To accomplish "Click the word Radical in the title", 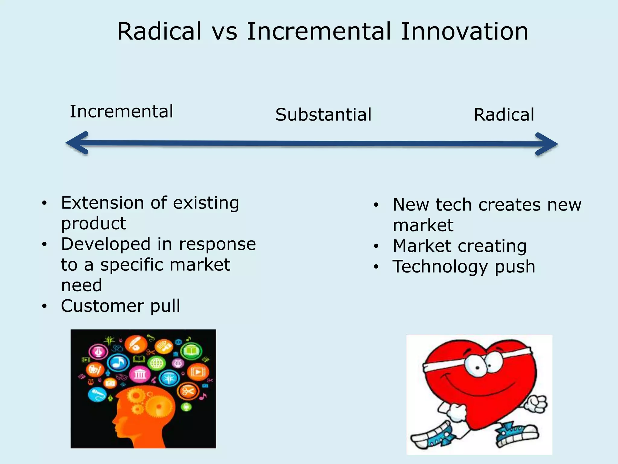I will pos(159,31).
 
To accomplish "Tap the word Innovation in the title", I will pos(464,31).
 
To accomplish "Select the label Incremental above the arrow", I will pos(122,111).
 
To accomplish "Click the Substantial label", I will pos(323,115).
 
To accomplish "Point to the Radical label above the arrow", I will pos(504,115).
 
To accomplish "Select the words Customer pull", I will pos(120,306).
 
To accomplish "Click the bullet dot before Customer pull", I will pos(45,306).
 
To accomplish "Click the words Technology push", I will pos(464,266).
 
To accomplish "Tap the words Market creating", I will pos(460,246).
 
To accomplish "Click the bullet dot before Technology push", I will pos(376,267).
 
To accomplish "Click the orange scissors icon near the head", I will pos(188,391).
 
